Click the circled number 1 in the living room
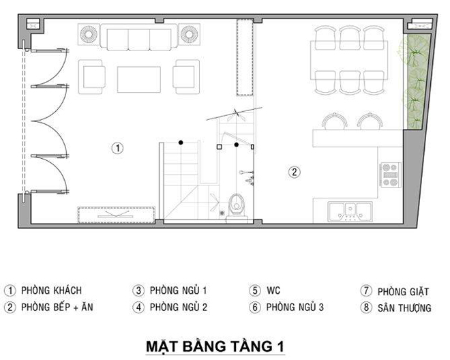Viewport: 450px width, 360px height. pyautogui.click(x=117, y=148)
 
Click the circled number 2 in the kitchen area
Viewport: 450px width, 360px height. pyautogui.click(x=294, y=172)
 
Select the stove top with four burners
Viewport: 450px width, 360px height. pyautogui.click(x=390, y=175)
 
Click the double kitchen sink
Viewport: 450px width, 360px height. pyautogui.click(x=350, y=211)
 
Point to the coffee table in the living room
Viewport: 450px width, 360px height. pyautogui.click(x=139, y=80)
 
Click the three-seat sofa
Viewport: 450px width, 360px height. pyautogui.click(x=139, y=37)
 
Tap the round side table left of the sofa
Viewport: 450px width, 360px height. pyautogui.click(x=89, y=35)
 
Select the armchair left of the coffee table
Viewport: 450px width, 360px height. pyautogui.click(x=91, y=76)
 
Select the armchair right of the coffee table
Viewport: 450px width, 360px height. pyautogui.click(x=186, y=76)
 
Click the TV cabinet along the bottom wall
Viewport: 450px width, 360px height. pyautogui.click(x=116, y=215)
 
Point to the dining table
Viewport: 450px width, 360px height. pyautogui.click(x=349, y=60)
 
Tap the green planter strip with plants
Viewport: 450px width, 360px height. pyautogui.click(x=414, y=81)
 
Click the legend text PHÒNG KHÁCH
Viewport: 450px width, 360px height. pyautogui.click(x=52, y=290)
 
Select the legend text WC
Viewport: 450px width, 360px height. pyautogui.click(x=273, y=290)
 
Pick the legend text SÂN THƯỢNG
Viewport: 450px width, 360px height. pyautogui.click(x=404, y=307)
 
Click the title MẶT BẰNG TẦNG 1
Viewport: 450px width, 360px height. pyautogui.click(x=215, y=346)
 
